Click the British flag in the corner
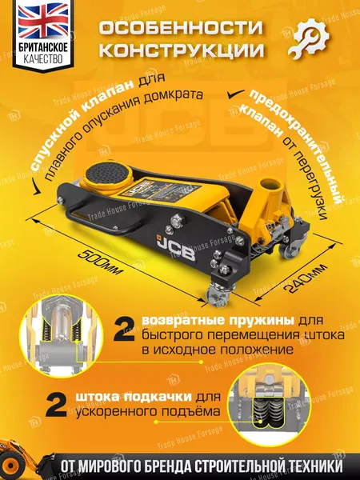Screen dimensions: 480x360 tap(33, 26)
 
